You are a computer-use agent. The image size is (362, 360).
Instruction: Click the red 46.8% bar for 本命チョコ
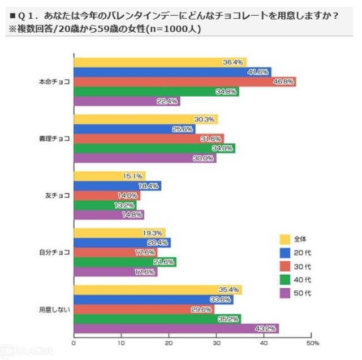[186, 81]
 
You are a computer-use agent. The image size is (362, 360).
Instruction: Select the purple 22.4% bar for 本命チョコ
[127, 101]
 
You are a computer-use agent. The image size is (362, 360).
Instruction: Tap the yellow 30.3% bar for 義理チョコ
[146, 119]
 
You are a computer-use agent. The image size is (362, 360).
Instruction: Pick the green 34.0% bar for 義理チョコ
[155, 149]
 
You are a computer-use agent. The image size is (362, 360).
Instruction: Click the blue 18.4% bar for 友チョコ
[118, 185]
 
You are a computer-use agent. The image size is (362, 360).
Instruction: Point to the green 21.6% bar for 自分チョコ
[125, 262]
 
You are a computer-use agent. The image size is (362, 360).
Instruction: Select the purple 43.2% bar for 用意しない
[176, 328]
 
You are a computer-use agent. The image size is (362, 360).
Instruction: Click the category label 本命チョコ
[54, 82]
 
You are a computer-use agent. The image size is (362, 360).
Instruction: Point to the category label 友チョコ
[58, 196]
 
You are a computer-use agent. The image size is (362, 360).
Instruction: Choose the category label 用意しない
[54, 309]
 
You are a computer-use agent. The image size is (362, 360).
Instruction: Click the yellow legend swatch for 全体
[285, 238]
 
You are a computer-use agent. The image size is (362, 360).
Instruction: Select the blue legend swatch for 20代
[285, 252]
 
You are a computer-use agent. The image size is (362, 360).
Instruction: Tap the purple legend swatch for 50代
[285, 293]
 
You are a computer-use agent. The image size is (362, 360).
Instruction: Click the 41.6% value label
[258, 72]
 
